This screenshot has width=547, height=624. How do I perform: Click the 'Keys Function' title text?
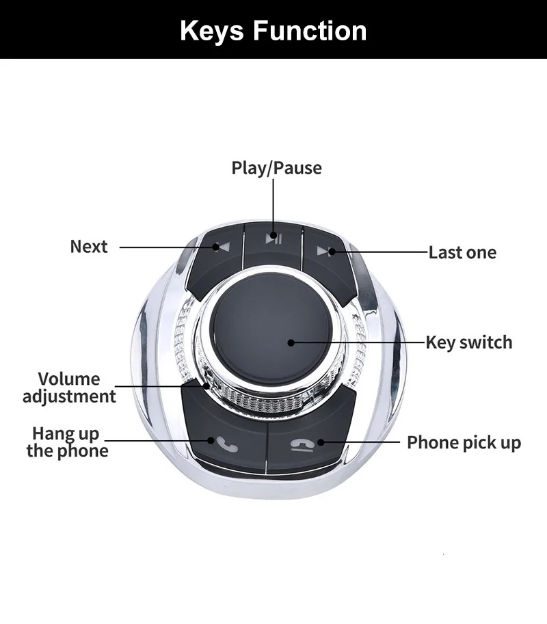273,31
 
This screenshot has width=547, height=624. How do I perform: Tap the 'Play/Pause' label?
276,168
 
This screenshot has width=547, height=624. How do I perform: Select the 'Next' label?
89,247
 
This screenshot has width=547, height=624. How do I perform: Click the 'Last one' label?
462,253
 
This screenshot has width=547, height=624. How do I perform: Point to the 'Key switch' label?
468,342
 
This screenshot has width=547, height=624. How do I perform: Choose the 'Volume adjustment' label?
69,388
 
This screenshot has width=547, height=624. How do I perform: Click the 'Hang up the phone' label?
67,442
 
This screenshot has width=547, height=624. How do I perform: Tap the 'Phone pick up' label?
464,443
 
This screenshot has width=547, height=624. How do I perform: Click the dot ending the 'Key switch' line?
291,342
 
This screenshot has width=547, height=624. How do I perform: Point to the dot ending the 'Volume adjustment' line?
206,385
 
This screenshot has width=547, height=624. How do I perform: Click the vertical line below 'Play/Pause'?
273,205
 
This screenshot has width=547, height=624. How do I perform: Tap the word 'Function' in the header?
310,31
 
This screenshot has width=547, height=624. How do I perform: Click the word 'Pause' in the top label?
298,168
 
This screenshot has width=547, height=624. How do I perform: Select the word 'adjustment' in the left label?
69,396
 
